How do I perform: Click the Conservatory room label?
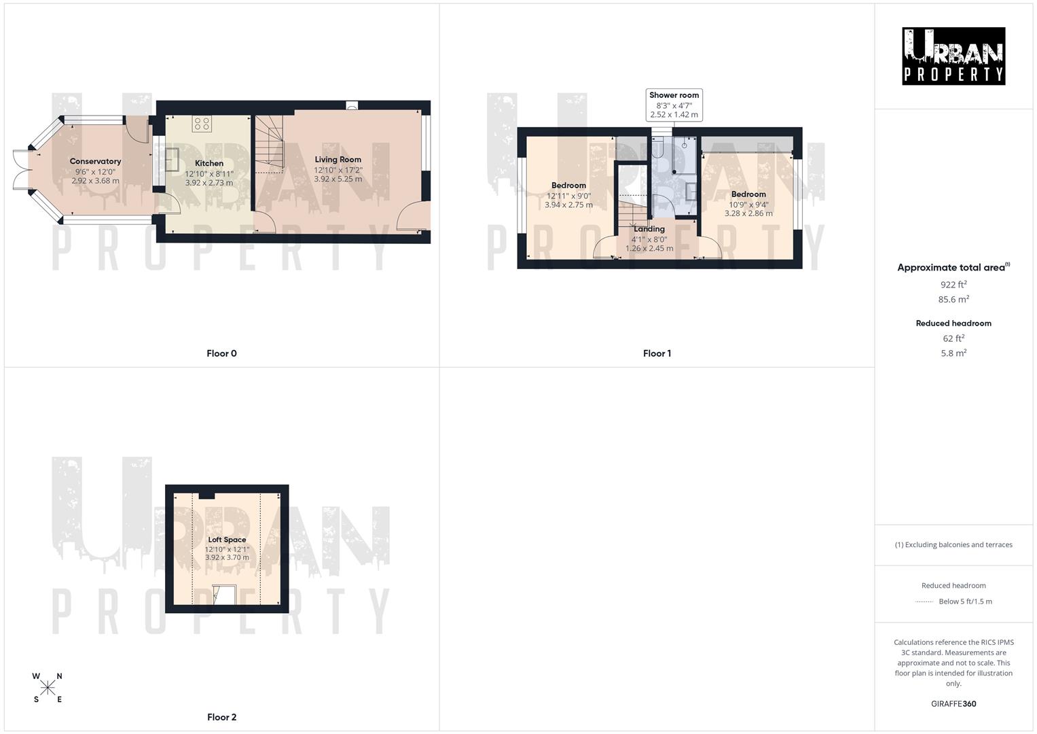coord(95,161)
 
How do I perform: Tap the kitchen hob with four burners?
coord(202,124)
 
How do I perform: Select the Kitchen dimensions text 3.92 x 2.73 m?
coord(209,183)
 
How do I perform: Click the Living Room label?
coord(338,159)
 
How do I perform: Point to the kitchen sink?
coord(171,160)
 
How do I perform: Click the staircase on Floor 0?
coord(269,144)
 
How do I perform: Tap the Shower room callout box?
coord(674,105)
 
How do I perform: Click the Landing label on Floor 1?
coord(649,229)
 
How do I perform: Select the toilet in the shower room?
coord(657,151)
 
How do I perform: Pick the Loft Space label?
coord(227,540)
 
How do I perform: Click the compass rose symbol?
coord(48,688)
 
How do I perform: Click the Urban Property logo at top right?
coord(953,56)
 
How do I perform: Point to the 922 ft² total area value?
coord(953,285)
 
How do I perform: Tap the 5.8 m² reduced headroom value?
coord(953,353)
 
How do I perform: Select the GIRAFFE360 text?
coord(953,704)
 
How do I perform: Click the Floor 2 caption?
coord(222,717)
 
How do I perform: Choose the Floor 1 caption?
coord(657,353)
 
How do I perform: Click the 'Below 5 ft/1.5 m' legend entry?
coord(965,601)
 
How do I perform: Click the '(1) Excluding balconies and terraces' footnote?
coord(953,544)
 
